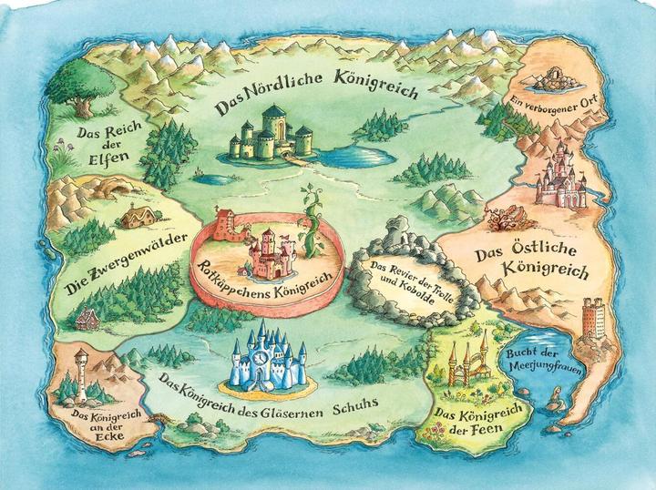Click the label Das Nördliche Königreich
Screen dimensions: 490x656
click(315, 95)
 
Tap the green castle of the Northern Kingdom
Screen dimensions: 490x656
click(269, 135)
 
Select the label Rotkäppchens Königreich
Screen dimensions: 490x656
click(265, 270)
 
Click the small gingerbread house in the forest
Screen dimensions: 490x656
click(87, 320)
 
